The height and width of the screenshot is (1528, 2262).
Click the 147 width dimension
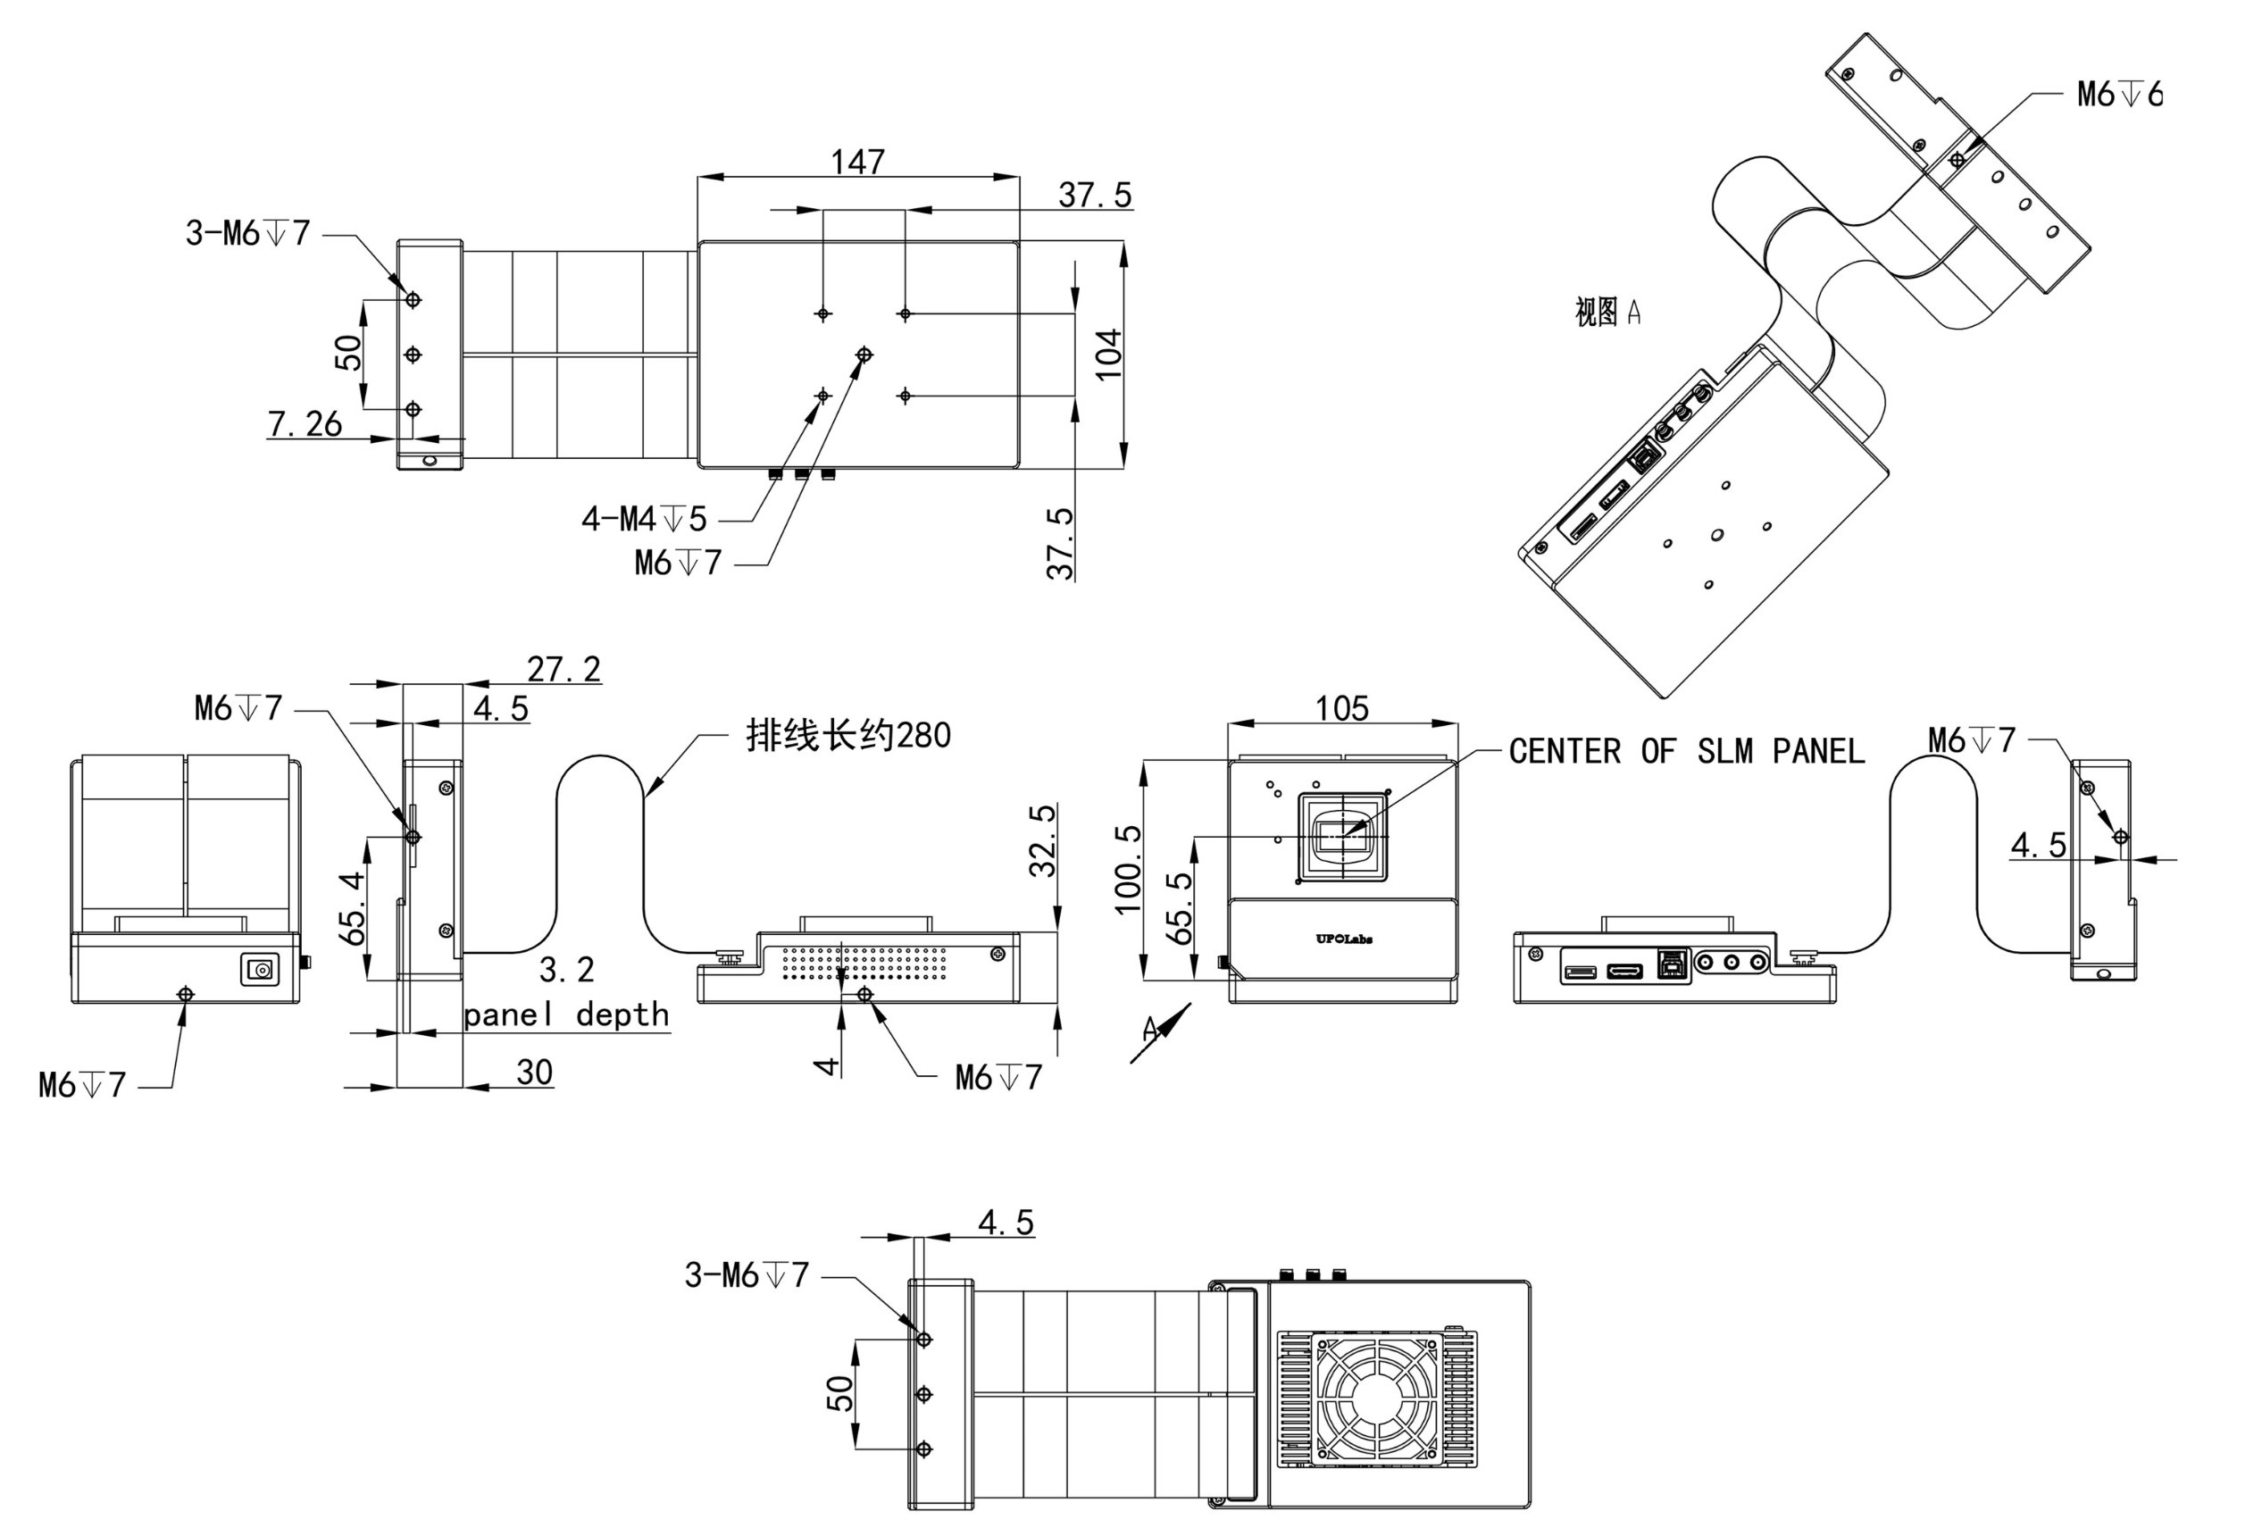857,161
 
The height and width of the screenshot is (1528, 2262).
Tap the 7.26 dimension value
305,423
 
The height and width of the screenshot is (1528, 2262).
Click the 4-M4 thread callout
643,519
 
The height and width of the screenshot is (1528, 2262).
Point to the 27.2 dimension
563,669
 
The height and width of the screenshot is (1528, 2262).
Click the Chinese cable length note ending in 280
847,735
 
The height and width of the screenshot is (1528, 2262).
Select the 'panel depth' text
566,1015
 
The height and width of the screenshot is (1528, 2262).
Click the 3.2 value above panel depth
566,969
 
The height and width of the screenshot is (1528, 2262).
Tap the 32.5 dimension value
1042,840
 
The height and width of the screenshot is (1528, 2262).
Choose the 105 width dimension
1341,707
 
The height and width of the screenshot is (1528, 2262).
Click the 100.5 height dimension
1127,869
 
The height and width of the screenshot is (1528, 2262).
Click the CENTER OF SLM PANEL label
1686,751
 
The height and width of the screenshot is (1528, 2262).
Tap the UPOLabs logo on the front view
1343,939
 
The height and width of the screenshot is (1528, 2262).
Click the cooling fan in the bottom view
1376,1395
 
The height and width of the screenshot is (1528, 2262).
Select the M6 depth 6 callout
2119,95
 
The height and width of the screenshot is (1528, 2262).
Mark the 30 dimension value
534,1072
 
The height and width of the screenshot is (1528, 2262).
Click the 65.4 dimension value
355,907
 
